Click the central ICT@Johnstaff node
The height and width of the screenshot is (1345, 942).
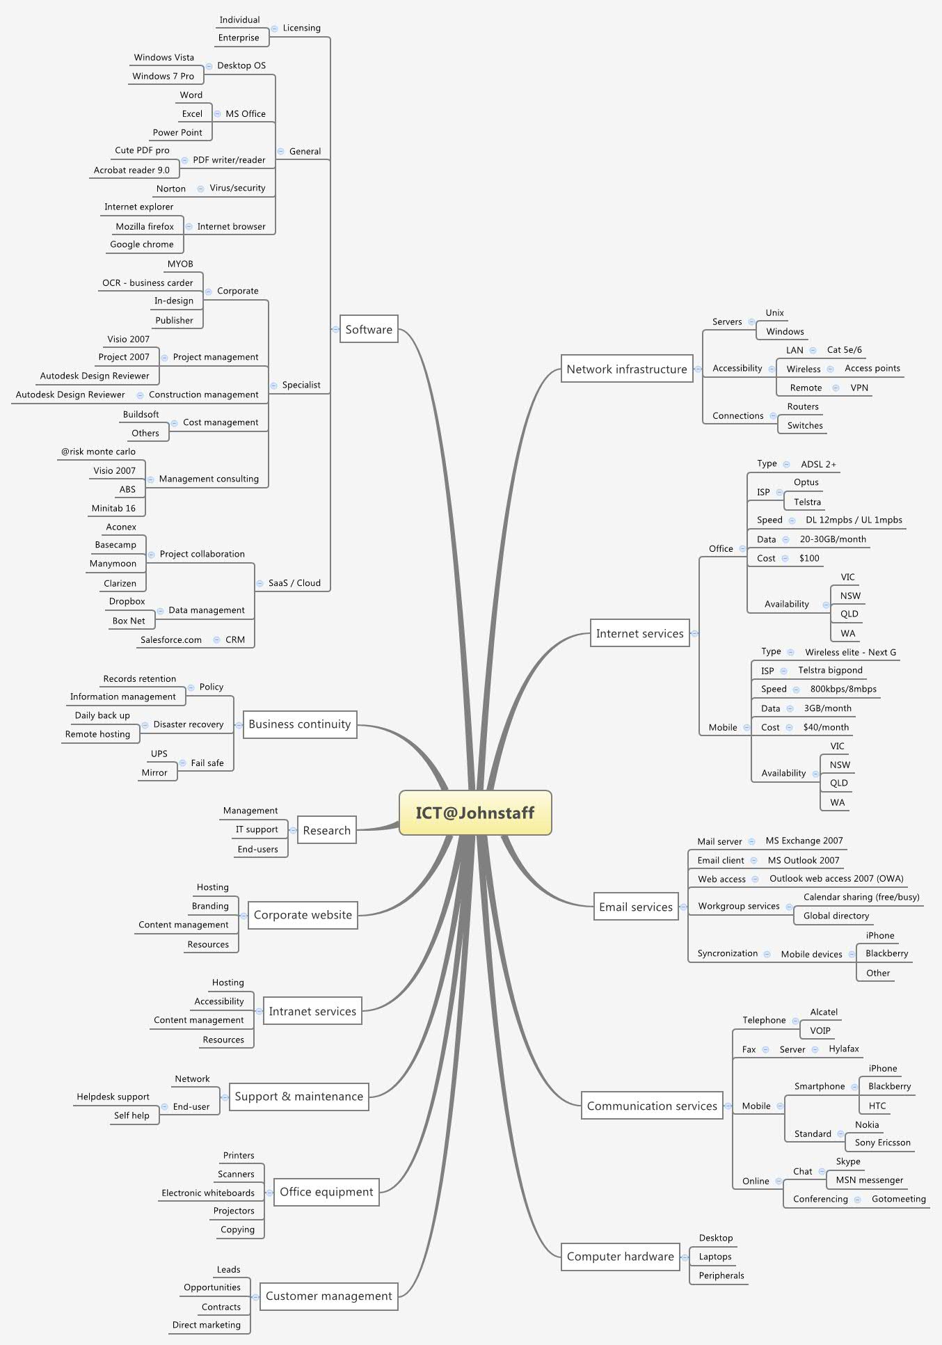[475, 813]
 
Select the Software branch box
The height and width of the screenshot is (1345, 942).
[369, 329]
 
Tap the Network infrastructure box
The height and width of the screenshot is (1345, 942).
[626, 369]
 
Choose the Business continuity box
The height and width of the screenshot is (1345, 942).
[300, 724]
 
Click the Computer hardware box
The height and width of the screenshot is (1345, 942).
[620, 1257]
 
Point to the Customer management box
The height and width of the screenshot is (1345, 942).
[328, 1296]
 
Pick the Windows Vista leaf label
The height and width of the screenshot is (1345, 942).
[164, 58]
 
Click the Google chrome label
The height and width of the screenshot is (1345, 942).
[142, 245]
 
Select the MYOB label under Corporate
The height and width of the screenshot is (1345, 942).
[180, 264]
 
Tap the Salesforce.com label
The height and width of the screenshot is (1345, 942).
[171, 640]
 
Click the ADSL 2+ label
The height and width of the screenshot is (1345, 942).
[818, 464]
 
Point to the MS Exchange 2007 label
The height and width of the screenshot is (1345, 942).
[804, 841]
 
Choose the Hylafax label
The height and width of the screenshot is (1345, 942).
[844, 1049]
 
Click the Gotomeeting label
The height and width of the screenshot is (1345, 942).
[898, 1200]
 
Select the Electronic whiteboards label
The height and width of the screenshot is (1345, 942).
[208, 1193]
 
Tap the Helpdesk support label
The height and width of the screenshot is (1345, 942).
[113, 1097]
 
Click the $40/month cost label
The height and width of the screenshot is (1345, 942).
[826, 728]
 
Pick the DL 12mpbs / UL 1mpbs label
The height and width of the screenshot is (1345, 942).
[854, 520]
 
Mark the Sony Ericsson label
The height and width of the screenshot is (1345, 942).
[882, 1143]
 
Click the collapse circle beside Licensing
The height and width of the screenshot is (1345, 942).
[275, 29]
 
